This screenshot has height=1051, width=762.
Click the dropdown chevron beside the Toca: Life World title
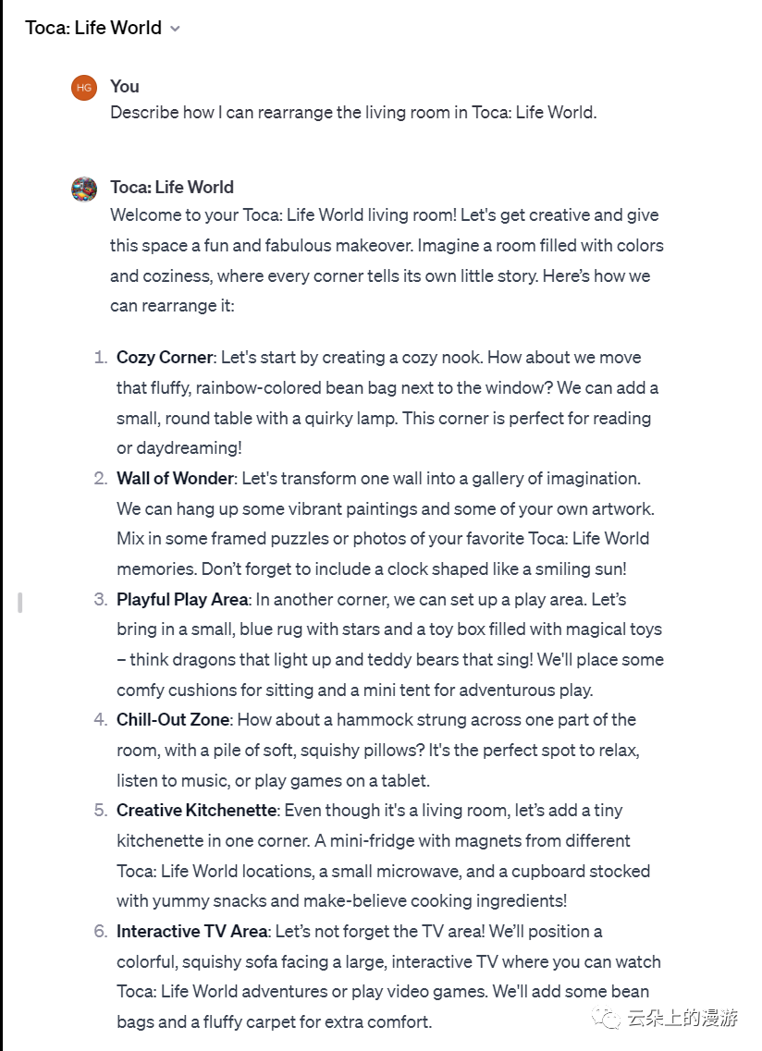tap(175, 29)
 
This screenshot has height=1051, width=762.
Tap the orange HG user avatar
tap(84, 88)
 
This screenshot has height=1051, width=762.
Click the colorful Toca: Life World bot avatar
tap(84, 189)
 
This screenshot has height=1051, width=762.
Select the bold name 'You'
tap(125, 86)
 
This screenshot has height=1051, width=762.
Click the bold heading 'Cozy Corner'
tap(165, 358)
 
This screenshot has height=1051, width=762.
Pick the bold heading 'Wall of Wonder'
tap(175, 479)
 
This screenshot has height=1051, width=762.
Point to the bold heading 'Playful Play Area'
tap(182, 599)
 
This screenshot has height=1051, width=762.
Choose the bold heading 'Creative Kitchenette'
tap(196, 811)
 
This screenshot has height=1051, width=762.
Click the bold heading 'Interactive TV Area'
tap(192, 931)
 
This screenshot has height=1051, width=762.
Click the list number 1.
tap(100, 358)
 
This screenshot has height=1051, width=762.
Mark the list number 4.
tap(100, 720)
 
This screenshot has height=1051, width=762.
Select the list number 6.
tap(100, 931)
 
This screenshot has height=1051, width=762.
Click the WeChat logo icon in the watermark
tap(608, 1019)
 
